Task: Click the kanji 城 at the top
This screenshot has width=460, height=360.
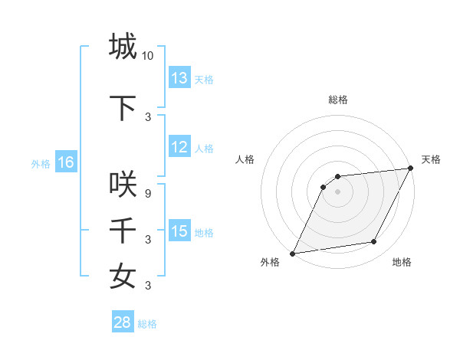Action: pyautogui.click(x=123, y=47)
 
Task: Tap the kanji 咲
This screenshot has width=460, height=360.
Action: pyautogui.click(x=123, y=185)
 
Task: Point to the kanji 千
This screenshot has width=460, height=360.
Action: pyautogui.click(x=123, y=231)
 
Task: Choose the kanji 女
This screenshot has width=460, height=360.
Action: pyautogui.click(x=123, y=277)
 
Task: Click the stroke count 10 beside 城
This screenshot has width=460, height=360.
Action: pyautogui.click(x=148, y=56)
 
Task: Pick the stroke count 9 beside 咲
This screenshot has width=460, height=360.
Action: pyautogui.click(x=148, y=194)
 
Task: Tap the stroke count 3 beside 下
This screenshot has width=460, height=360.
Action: pyautogui.click(x=148, y=117)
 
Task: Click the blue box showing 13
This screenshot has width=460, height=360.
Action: pyautogui.click(x=179, y=78)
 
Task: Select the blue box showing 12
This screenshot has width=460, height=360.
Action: pyautogui.click(x=179, y=147)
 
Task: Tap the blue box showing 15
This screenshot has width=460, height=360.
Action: pyautogui.click(x=179, y=231)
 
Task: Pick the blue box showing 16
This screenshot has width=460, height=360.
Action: pyautogui.click(x=65, y=162)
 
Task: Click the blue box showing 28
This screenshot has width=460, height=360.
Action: pyautogui.click(x=122, y=323)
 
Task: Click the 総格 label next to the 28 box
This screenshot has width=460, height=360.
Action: pyautogui.click(x=147, y=324)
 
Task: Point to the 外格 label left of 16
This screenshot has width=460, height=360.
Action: pyautogui.click(x=41, y=163)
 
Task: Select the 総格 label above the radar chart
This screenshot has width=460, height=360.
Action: pyautogui.click(x=337, y=100)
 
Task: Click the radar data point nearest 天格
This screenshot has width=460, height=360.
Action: pyautogui.click(x=411, y=169)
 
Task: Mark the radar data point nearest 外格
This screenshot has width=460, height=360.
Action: pyautogui.click(x=292, y=253)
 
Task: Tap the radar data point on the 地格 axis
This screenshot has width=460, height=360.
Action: pyautogui.click(x=374, y=242)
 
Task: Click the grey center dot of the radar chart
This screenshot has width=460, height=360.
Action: pyautogui.click(x=337, y=191)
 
